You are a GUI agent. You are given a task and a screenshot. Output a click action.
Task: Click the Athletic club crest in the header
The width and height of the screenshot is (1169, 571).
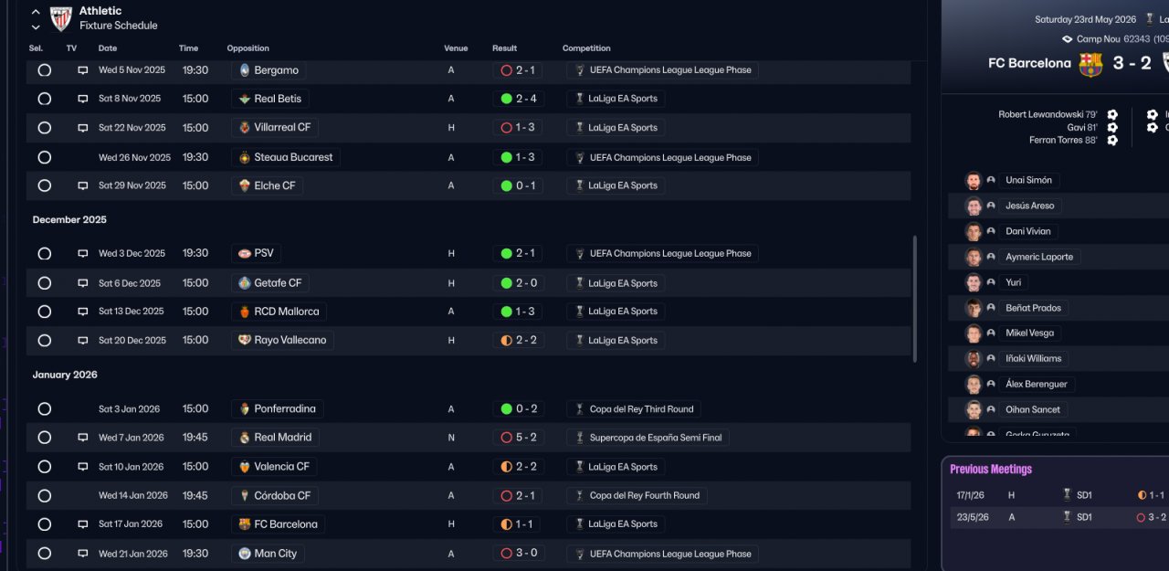[60, 18]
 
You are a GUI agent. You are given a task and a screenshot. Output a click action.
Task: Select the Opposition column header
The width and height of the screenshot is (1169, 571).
[247, 48]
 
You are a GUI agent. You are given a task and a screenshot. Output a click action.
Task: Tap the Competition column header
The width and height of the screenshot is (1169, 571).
[586, 48]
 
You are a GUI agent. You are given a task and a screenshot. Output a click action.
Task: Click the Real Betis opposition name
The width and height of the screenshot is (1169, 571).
[278, 99]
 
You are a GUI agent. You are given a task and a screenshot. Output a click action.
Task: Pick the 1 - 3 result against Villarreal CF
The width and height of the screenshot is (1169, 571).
[525, 127]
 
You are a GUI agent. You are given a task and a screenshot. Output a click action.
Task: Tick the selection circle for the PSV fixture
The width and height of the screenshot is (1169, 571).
[45, 254]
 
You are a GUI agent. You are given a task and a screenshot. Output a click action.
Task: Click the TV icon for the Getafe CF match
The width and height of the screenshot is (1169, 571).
[82, 283]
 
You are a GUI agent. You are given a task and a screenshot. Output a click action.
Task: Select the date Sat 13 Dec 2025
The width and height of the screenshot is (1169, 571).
[131, 311]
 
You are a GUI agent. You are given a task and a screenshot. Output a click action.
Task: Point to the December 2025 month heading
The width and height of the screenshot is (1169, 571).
[69, 220]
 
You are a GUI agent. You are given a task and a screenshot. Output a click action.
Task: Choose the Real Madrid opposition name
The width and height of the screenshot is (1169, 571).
[283, 438]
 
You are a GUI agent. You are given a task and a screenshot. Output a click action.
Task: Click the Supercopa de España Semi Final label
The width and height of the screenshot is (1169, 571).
[656, 438]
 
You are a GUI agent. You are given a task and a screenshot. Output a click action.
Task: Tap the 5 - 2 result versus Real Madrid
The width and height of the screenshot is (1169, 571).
[526, 438]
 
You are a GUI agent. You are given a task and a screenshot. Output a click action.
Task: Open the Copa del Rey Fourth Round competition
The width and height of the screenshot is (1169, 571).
[645, 495]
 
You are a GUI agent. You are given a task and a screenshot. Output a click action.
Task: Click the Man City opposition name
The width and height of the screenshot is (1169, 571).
[276, 554]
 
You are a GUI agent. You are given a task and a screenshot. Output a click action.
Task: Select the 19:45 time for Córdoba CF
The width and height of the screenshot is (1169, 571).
[195, 495]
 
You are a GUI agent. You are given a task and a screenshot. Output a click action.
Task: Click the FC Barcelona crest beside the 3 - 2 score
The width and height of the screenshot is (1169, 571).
[1090, 64]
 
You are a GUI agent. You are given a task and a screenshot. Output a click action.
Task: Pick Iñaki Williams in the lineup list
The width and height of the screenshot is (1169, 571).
[1033, 358]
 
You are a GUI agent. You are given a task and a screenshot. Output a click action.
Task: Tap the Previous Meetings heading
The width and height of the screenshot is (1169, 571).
[991, 470]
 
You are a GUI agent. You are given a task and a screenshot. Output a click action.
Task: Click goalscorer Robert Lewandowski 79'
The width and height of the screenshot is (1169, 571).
[1048, 114]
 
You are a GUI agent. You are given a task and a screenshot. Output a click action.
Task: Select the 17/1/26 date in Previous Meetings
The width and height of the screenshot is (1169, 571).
[970, 495]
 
